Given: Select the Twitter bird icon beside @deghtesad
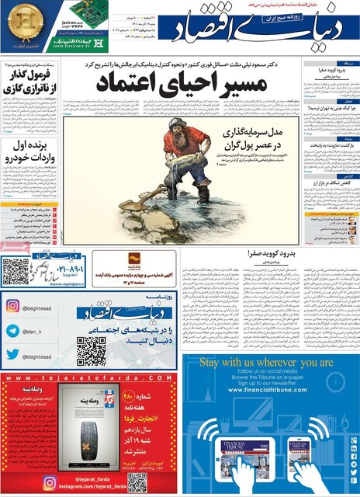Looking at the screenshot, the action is tap(13, 356).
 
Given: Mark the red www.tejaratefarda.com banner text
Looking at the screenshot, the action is tap(89, 378).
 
